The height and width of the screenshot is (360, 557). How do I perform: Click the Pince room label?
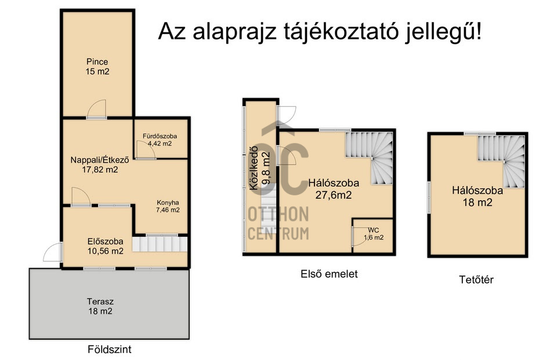coord(97,62)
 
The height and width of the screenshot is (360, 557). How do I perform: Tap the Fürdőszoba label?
coord(160,136)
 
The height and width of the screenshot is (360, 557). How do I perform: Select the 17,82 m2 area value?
coord(100,170)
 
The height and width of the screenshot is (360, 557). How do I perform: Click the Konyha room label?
coord(168,203)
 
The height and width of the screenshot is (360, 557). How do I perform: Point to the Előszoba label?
coord(105,241)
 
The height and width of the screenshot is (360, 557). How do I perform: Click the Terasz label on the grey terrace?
coord(100,302)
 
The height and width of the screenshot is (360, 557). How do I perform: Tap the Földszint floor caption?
coord(110,350)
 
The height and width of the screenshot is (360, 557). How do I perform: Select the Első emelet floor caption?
coord(329,274)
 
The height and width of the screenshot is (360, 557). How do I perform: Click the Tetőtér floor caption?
coord(476,280)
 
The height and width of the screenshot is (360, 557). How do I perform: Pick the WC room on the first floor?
coord(373,236)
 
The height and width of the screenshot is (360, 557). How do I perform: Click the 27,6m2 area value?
coord(334,195)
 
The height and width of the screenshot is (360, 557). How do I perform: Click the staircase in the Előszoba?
coord(160,244)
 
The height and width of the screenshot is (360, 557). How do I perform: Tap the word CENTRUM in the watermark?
coord(278,234)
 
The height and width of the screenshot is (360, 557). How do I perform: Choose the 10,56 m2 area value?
coord(105,251)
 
